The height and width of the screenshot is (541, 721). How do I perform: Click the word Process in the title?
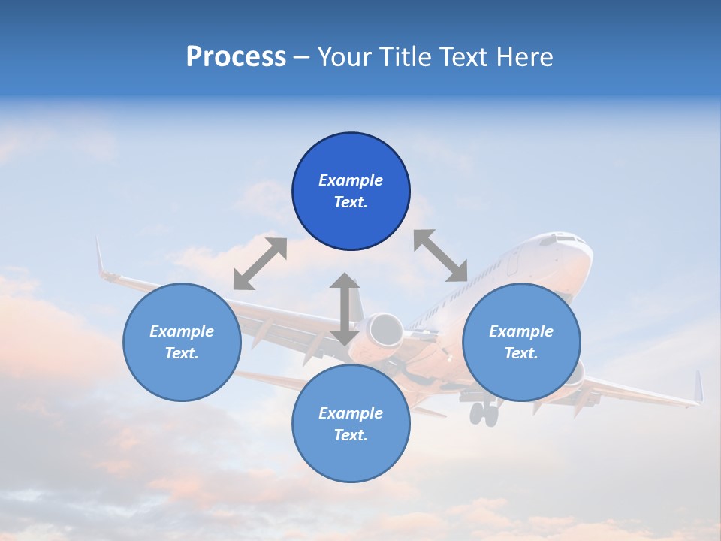click(x=236, y=57)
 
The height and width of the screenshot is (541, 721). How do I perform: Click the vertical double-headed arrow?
click(x=345, y=309)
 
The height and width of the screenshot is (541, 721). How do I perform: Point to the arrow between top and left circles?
click(x=260, y=263)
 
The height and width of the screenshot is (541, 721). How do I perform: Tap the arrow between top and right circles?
click(x=440, y=255)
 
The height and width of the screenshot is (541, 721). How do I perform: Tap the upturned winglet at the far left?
click(x=99, y=258)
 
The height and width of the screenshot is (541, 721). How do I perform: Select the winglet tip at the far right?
click(x=698, y=386)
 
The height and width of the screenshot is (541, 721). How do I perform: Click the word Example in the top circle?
click(x=351, y=180)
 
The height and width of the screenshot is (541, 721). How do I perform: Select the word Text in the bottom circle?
click(x=349, y=435)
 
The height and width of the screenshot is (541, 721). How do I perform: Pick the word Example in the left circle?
click(x=182, y=331)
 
